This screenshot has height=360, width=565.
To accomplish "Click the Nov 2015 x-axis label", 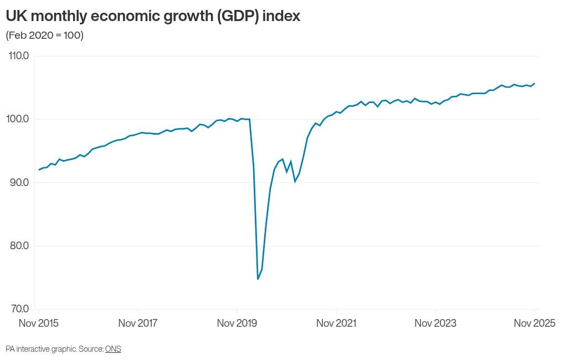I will [39, 323].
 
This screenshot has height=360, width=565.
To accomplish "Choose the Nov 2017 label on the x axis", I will [138, 323].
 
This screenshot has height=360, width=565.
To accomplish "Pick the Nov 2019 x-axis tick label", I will [237, 323].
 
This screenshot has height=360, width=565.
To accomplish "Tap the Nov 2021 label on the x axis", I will [336, 323].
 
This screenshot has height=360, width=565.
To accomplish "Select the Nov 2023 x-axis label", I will [435, 323].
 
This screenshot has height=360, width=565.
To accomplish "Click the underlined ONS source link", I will [113, 349].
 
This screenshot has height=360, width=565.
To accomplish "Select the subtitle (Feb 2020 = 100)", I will [44, 36].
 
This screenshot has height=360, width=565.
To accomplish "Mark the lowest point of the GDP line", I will [258, 279].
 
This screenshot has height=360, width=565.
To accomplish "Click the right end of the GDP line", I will [535, 84].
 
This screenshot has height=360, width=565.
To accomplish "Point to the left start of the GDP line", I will [39, 169].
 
